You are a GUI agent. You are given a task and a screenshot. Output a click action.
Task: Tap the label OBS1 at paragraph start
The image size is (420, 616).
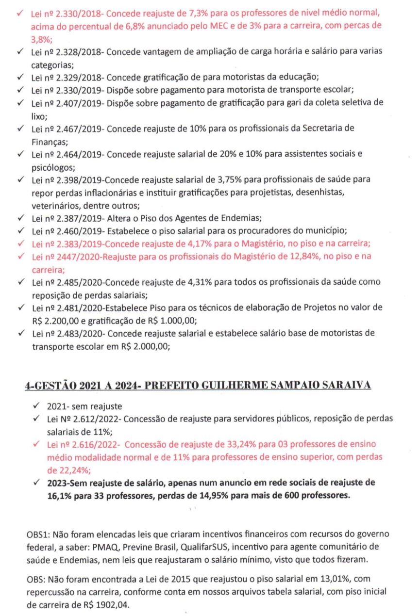click(38, 535)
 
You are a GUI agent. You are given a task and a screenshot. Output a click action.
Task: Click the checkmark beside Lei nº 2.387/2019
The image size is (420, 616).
click(20, 218)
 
